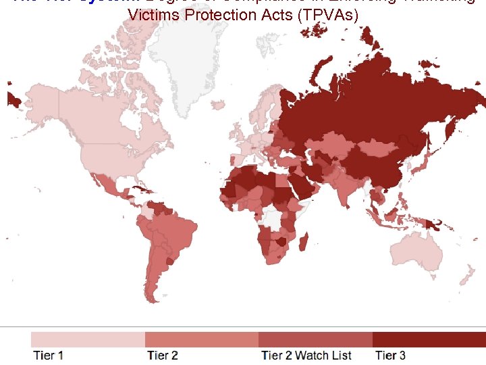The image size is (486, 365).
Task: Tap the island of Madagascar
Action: coord(304,244)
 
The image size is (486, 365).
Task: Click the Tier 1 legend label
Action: coord(49,356)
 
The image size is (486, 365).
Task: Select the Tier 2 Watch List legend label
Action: coord(306,356)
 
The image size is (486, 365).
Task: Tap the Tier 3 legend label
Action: coord(391,356)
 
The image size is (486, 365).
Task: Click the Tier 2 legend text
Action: coord(163,356)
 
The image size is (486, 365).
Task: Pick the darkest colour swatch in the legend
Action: coord(429,339)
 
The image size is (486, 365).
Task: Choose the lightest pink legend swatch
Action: coord(88,339)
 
